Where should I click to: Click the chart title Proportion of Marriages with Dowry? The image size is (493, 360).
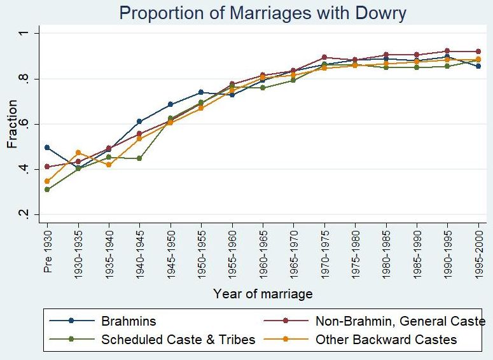click(x=262, y=13)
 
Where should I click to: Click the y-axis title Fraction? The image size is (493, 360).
click(x=12, y=124)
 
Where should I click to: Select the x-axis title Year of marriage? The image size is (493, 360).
click(x=262, y=294)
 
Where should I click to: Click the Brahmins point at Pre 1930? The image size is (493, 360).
click(x=47, y=148)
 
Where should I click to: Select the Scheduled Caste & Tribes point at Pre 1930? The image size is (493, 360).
click(x=47, y=190)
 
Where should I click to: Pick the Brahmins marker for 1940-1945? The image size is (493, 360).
click(x=139, y=121)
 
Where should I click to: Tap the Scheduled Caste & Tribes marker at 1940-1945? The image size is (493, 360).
click(x=139, y=158)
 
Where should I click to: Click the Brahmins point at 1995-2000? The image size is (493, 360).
click(x=478, y=66)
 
